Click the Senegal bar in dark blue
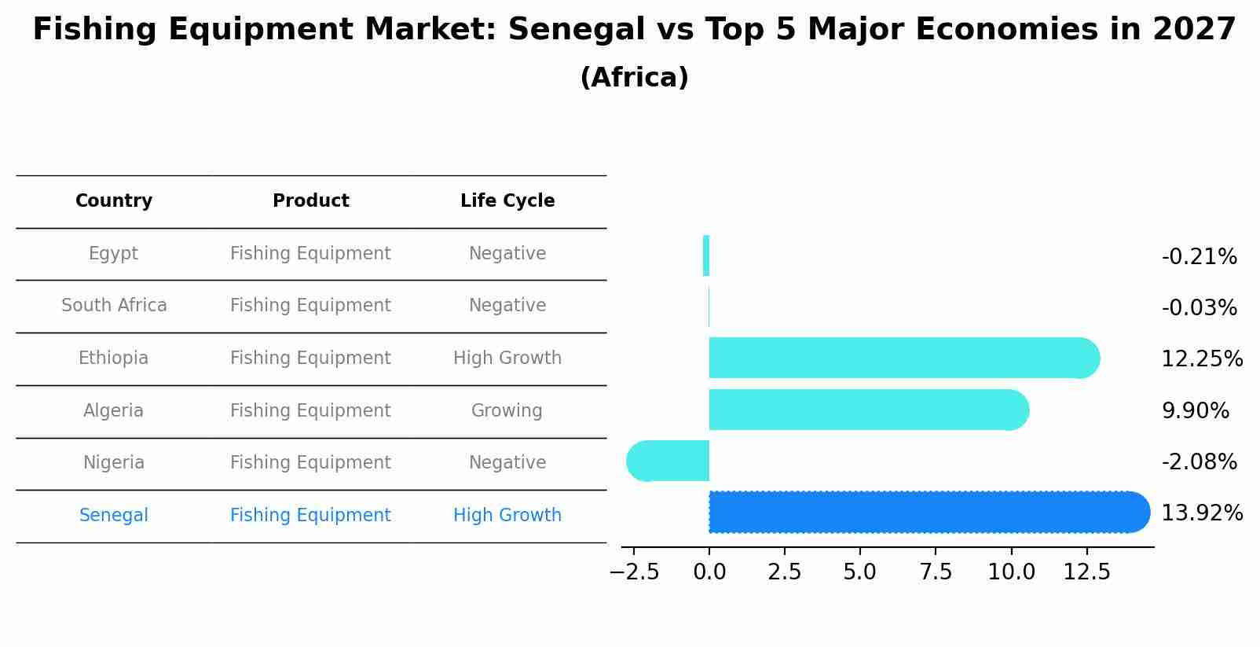point(927,513)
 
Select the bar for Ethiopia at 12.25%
point(903,358)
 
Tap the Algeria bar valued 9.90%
point(868,410)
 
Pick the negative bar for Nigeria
point(668,461)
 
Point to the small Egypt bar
point(706,256)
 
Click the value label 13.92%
point(1201,513)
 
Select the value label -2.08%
point(1199,462)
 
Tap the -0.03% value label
point(1199,308)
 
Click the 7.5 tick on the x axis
point(936,572)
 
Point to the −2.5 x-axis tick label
point(635,572)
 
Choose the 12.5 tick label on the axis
point(1086,572)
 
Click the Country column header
point(114,201)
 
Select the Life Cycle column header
point(507,201)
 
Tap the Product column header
point(310,201)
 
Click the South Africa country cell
point(114,306)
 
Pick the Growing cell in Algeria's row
point(507,411)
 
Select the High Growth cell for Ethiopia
point(507,358)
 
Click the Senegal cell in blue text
point(114,516)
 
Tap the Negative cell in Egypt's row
point(507,254)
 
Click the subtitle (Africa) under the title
point(634,78)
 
